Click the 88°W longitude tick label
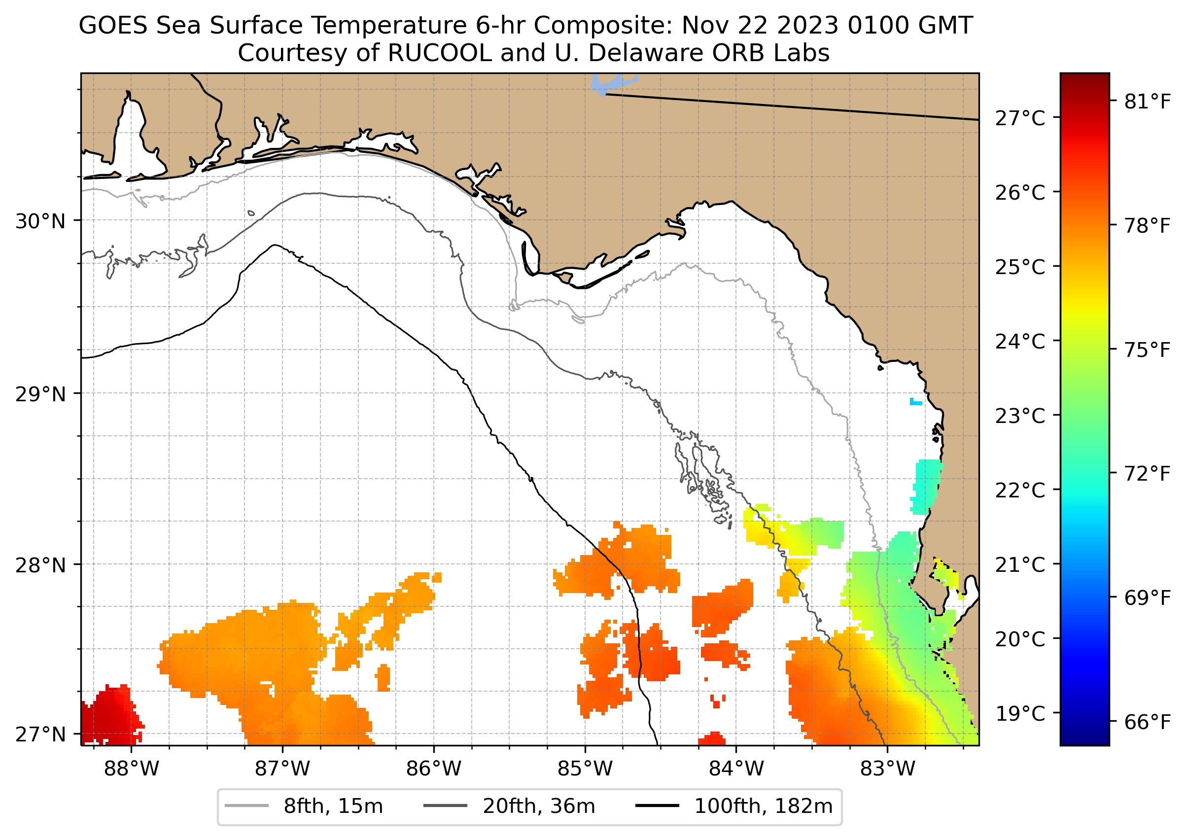tap(132, 769)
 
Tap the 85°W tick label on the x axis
tap(585, 769)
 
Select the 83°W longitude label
tap(888, 769)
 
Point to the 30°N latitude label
tap(41, 221)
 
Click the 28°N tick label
tap(41, 565)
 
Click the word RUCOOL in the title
tap(439, 53)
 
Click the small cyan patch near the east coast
tap(915, 401)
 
